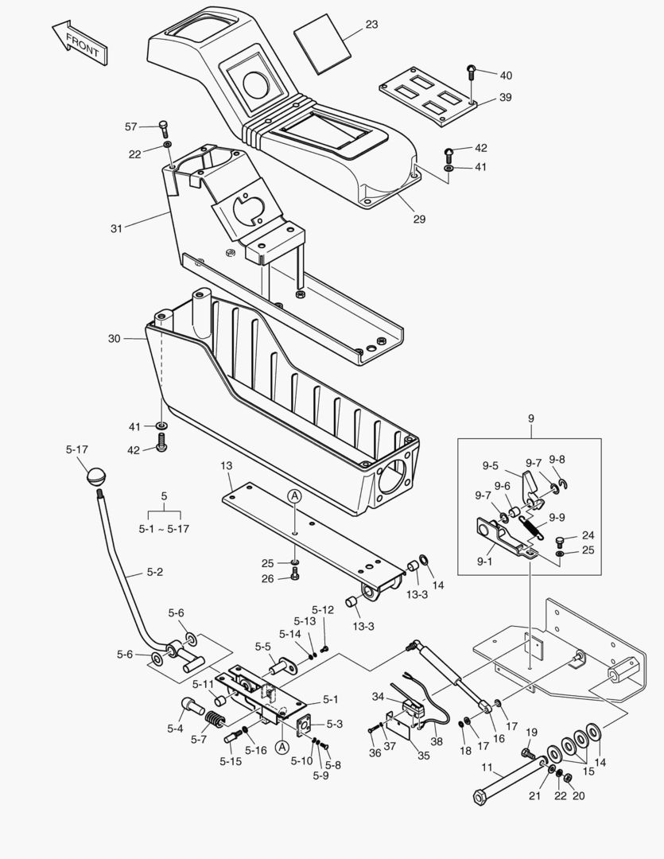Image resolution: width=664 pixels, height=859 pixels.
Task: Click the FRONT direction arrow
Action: pos(80,43)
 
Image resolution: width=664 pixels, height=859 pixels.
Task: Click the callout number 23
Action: pos(371,25)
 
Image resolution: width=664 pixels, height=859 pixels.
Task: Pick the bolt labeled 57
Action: pos(164,127)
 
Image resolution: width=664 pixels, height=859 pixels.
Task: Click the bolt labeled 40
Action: pos(471,72)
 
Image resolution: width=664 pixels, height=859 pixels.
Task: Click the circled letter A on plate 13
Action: pos(294,496)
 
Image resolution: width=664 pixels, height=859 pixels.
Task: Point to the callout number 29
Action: pos(418,218)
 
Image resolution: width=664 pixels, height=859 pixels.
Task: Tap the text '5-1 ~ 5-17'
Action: pos(165,527)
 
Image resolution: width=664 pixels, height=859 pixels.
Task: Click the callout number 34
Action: pos(379,697)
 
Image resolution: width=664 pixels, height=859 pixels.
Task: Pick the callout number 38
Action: pos(437,741)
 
